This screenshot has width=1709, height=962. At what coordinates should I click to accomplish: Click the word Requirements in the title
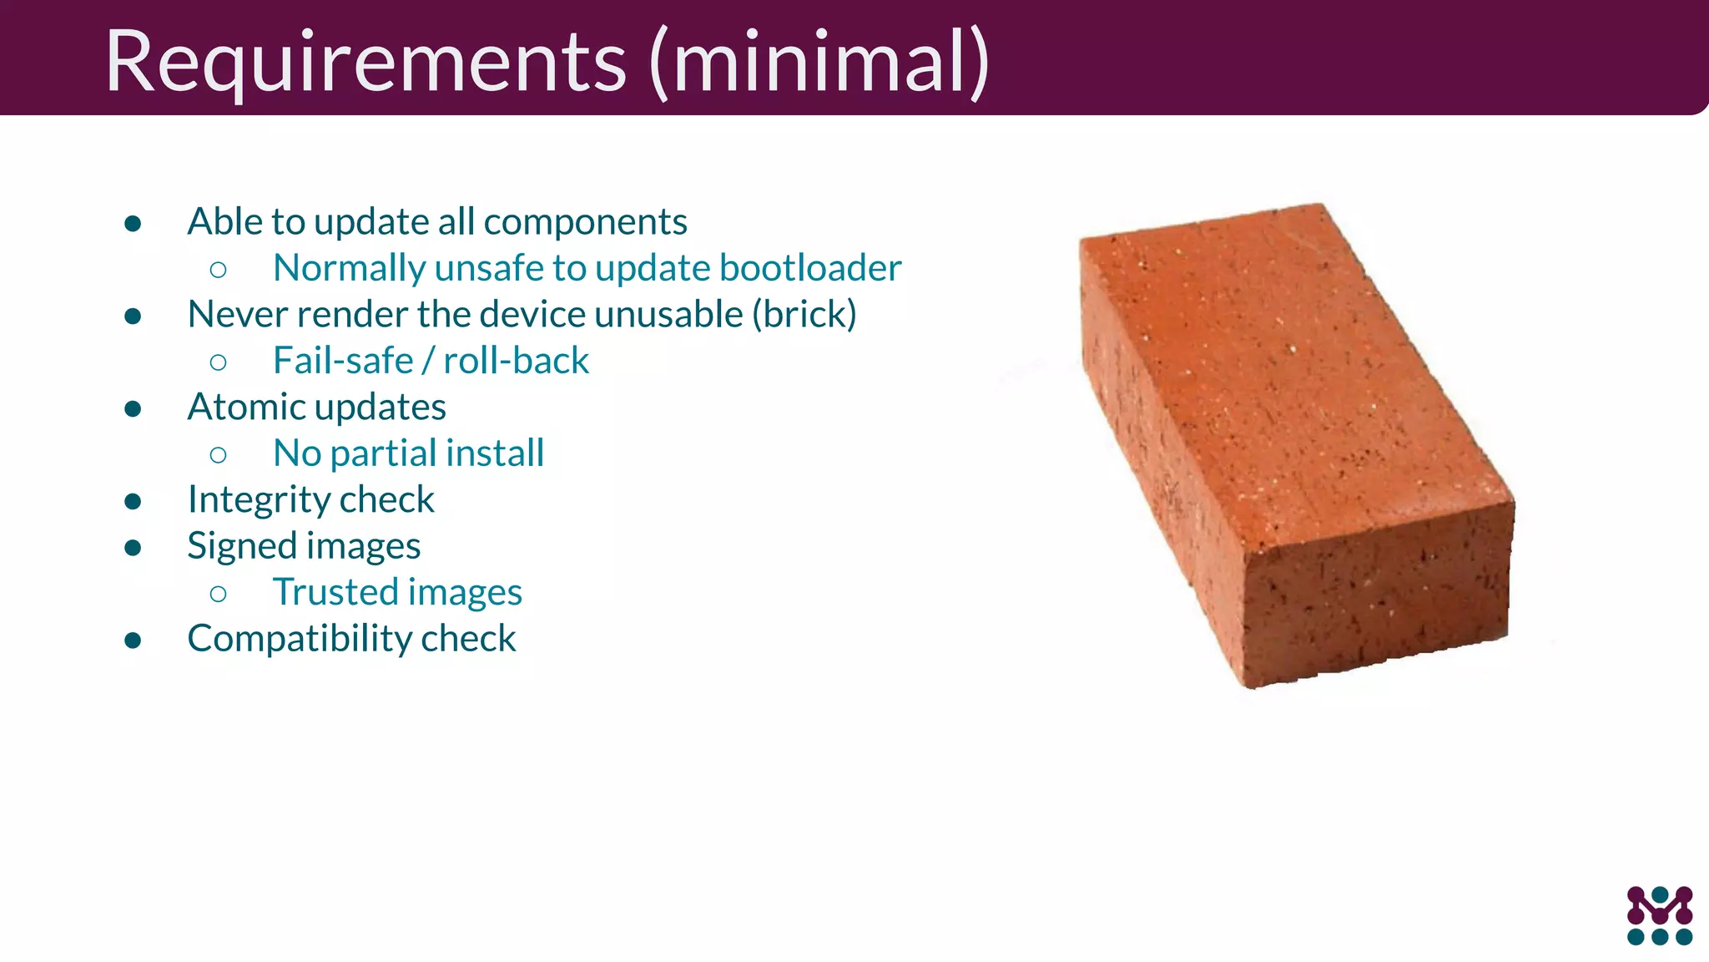click(365, 63)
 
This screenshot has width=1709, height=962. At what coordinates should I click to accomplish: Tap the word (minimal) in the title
click(819, 63)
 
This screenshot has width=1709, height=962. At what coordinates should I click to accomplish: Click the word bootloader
click(810, 268)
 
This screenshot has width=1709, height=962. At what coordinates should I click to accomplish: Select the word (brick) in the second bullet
click(804, 315)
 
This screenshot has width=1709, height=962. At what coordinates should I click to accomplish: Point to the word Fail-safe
click(343, 361)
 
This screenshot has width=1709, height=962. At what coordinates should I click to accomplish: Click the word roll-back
click(516, 361)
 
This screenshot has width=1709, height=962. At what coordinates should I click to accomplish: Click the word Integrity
click(256, 500)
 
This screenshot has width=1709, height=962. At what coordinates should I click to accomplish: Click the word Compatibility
click(298, 640)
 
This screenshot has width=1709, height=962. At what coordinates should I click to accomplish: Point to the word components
click(585, 222)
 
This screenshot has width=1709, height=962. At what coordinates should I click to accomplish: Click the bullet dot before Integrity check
click(133, 501)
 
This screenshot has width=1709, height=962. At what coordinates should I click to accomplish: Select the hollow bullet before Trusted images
click(219, 594)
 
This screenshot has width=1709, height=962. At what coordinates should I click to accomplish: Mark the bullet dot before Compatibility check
click(133, 640)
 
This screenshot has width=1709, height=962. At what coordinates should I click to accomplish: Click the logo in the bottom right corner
click(1659, 915)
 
